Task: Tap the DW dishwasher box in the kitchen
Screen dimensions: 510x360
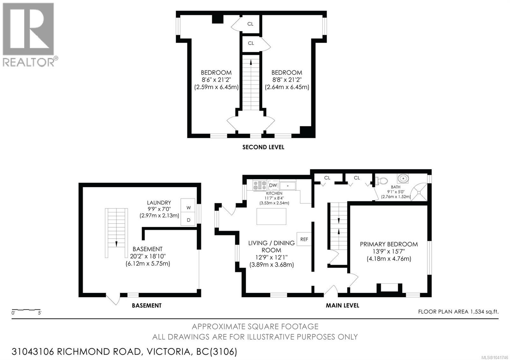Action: click(273, 185)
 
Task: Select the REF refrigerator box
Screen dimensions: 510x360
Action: click(304, 239)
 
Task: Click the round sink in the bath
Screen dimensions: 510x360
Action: click(403, 178)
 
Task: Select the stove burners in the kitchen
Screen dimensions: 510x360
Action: click(260, 185)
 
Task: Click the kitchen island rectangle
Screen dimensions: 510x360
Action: click(271, 216)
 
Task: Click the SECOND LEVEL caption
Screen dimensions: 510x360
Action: click(263, 147)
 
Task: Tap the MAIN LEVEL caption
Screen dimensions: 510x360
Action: click(342, 306)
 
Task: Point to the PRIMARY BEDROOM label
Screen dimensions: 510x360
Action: click(389, 244)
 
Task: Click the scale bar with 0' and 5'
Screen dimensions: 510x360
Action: click(26, 311)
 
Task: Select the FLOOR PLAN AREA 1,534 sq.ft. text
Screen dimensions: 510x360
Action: click(458, 312)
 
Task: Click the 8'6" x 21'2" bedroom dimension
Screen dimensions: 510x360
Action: click(216, 80)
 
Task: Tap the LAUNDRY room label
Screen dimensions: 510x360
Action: click(159, 203)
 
